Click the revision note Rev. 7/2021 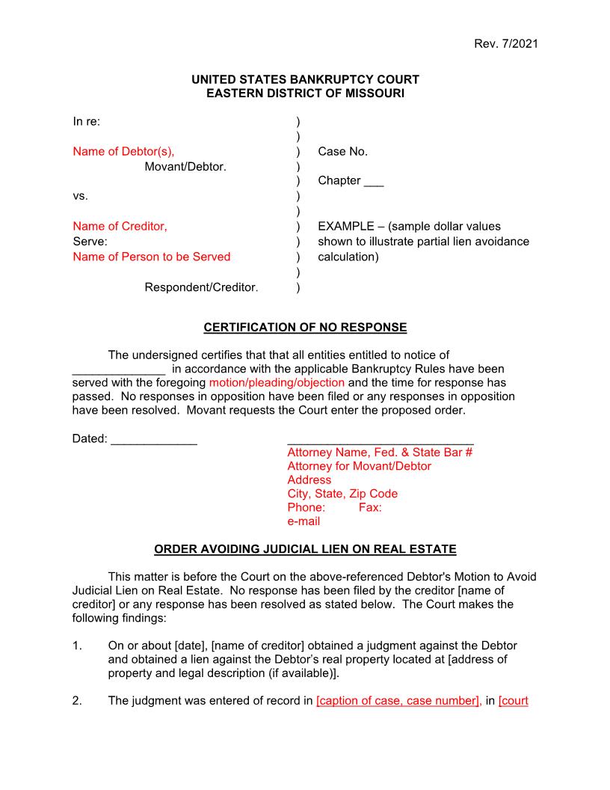pyautogui.click(x=505, y=43)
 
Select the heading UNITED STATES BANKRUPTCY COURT pyautogui.click(x=305, y=79)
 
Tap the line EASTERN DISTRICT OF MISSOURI pyautogui.click(x=305, y=94)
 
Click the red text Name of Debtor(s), pyautogui.click(x=123, y=151)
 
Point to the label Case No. pyautogui.click(x=342, y=151)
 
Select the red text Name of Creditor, pyautogui.click(x=120, y=226)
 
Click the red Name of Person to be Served pyautogui.click(x=151, y=257)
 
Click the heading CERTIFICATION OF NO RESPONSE pyautogui.click(x=305, y=328)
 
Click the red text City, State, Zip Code pyautogui.click(x=342, y=494)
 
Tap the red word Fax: pyautogui.click(x=370, y=507)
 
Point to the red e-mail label pyautogui.click(x=304, y=521)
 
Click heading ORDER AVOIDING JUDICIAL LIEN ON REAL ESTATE pyautogui.click(x=305, y=549)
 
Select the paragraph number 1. pyautogui.click(x=77, y=645)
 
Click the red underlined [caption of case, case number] pyautogui.click(x=398, y=701)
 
